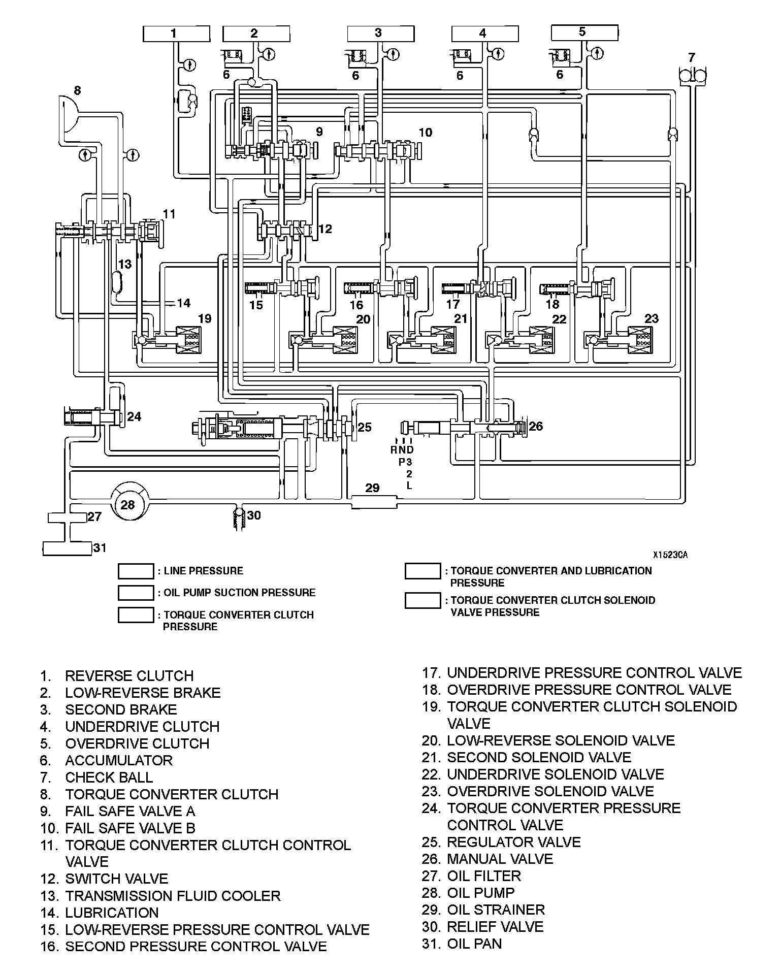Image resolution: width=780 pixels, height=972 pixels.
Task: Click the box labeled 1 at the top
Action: point(176,34)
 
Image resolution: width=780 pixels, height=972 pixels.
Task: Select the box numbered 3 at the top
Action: point(380,34)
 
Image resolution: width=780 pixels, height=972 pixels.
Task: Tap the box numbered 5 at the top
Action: point(584,33)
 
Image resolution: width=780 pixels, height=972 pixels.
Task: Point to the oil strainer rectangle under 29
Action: point(374,503)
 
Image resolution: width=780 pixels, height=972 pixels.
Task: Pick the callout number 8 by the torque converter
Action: point(77,91)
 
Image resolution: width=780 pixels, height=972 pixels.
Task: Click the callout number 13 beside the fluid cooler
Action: point(125,264)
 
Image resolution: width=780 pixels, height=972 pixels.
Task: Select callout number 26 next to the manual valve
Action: point(536,426)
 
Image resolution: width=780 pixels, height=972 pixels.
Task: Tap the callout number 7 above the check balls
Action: point(691,57)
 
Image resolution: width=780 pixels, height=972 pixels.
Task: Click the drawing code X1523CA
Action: point(670,555)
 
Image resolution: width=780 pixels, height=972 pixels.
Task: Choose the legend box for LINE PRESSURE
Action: point(136,571)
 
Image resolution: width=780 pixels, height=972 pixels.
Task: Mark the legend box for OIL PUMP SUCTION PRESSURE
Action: point(136,593)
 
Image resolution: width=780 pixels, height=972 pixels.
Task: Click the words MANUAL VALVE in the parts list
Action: point(500,859)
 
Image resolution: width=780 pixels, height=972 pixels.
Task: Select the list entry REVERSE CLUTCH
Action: point(129,676)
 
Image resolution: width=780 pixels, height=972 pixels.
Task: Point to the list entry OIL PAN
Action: point(474,944)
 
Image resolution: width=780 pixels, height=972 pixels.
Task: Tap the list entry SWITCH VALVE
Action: point(116,879)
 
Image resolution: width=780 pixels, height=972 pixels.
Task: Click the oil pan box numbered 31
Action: point(67,548)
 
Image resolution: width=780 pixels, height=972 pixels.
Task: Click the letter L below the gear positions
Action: point(409,485)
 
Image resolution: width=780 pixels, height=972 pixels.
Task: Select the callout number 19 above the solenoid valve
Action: point(205,318)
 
